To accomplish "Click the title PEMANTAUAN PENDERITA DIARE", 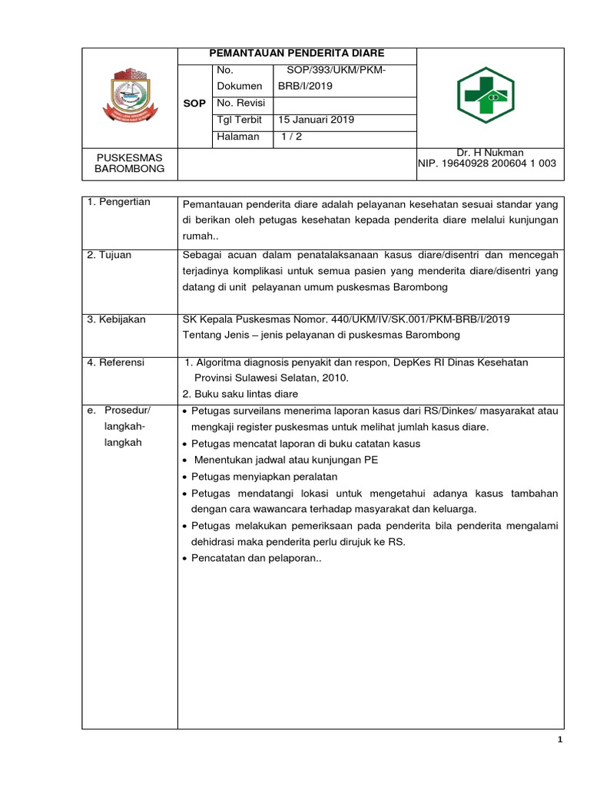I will pyautogui.click(x=297, y=53).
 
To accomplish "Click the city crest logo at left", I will pyautogui.click(x=130, y=96).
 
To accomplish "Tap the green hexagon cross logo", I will pyautogui.click(x=486, y=95).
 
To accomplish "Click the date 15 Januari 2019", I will pyautogui.click(x=316, y=120).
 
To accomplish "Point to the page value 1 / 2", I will pyautogui.click(x=292, y=136).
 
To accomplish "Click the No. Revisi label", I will pyautogui.click(x=240, y=103).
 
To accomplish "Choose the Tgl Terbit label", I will pyautogui.click(x=240, y=120).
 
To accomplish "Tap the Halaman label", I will pyautogui.click(x=239, y=136).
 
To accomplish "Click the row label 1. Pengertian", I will pyautogui.click(x=119, y=202).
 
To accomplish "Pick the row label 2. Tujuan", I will pyautogui.click(x=109, y=255).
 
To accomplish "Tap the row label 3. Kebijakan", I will pyautogui.click(x=118, y=319).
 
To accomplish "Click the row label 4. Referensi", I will pyautogui.click(x=117, y=362).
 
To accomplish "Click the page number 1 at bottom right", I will pyautogui.click(x=561, y=740).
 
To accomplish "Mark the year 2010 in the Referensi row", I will pyautogui.click(x=334, y=378).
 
